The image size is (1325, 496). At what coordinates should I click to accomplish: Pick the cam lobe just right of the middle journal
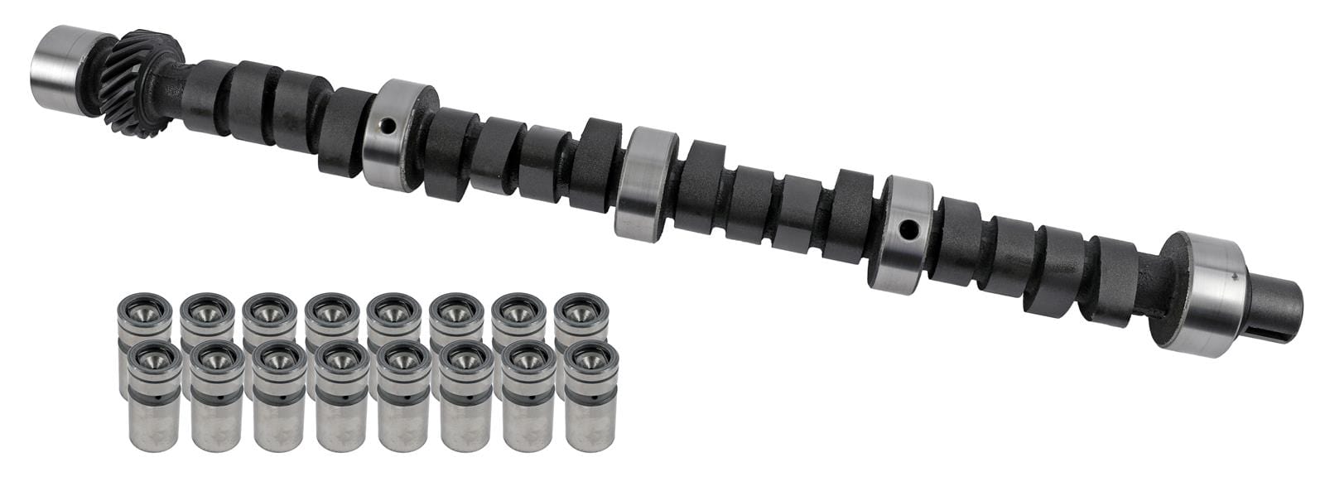[x=698, y=186]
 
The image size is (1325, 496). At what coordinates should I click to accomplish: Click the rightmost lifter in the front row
[x=590, y=397]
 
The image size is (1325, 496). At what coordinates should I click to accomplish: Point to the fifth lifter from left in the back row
[x=394, y=319]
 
